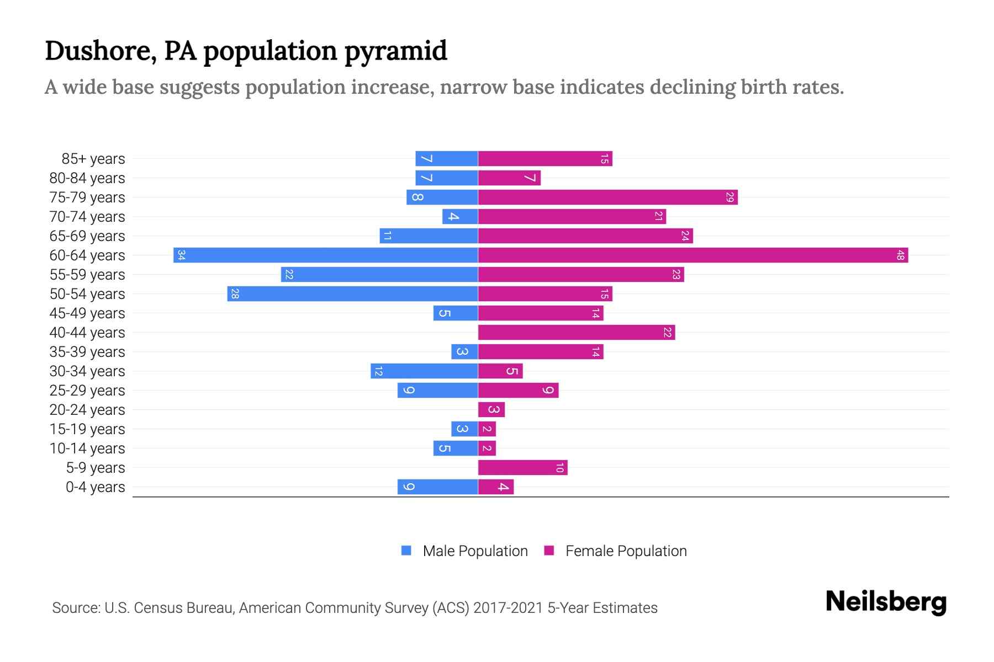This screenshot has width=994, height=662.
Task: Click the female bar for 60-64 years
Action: pos(693,255)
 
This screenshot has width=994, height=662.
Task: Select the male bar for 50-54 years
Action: pos(352,294)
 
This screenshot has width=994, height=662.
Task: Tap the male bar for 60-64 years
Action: pos(326,255)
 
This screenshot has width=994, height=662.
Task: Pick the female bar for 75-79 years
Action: pos(607,197)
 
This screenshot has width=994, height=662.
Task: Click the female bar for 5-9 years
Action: pos(522,468)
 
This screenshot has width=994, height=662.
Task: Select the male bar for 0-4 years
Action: pos(437,487)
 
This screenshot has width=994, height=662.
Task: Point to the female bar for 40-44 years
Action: pos(576,333)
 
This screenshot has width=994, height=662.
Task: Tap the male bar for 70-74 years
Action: pos(460,217)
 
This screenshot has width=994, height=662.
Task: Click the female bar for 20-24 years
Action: pos(491,410)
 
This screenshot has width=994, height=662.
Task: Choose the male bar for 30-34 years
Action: pos(424,371)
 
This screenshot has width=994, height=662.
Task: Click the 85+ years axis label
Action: pos(93,159)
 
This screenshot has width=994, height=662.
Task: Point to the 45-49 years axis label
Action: pos(87,313)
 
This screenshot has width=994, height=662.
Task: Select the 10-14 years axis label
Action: pos(87,449)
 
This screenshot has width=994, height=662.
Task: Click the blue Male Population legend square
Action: pos(406,551)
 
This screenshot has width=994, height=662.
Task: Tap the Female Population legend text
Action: pos(626,551)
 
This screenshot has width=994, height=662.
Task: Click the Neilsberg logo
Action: pos(886,602)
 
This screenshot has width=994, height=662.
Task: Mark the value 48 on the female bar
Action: pos(900,255)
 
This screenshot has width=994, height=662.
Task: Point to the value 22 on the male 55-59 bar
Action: pos(289,275)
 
